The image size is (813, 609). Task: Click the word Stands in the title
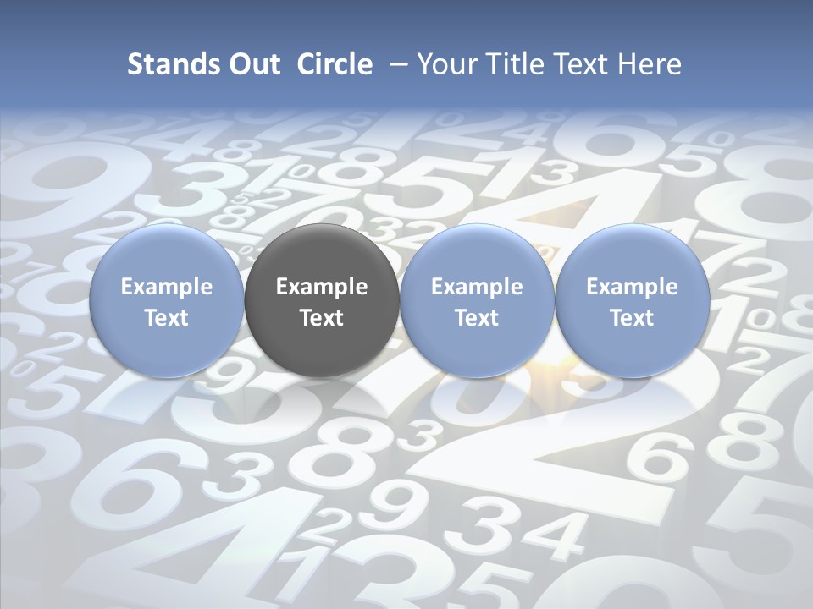(166, 64)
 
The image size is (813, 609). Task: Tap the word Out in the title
(252, 64)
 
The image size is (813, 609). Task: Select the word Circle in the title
(335, 64)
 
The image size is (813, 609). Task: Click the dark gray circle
(322, 300)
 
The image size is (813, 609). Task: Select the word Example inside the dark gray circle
(322, 287)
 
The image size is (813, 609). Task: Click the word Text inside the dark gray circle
(322, 318)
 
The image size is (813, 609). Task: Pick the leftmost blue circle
(167, 300)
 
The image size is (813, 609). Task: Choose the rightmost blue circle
(633, 300)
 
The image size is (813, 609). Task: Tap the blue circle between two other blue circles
(477, 300)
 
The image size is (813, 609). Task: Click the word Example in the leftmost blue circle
(167, 287)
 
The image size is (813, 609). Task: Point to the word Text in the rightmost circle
(633, 318)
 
